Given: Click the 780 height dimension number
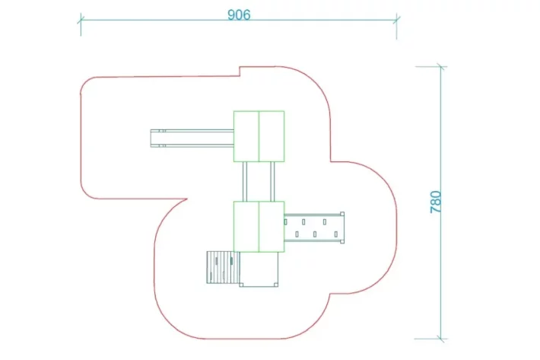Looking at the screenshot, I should click(x=436, y=200).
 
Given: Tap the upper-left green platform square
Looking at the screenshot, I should click(x=246, y=136).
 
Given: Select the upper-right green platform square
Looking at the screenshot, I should click(x=272, y=136).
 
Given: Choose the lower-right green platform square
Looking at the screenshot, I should click(x=272, y=226).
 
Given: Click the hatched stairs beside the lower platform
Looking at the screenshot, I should click(x=221, y=267).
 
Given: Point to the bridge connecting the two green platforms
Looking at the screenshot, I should click(x=259, y=181).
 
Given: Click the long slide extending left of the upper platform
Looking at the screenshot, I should click(x=194, y=138).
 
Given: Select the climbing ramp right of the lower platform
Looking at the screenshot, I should click(x=313, y=226).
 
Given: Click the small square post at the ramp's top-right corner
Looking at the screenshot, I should click(x=343, y=214).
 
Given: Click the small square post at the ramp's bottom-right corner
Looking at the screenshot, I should click(x=343, y=239).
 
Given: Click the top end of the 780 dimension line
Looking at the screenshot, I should click(x=440, y=67).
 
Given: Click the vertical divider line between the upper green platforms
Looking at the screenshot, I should click(x=259, y=136).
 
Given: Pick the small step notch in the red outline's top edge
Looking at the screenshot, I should click(x=240, y=72).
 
